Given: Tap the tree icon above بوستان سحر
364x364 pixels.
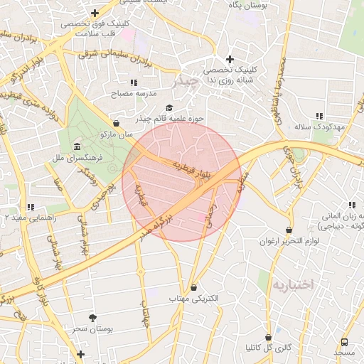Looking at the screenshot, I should coord(92,318).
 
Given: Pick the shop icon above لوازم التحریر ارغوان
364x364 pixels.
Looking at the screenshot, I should coord(289,230).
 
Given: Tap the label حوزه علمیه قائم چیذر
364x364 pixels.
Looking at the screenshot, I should coord(180,118).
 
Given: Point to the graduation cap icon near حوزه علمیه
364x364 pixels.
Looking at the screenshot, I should coord(168,107).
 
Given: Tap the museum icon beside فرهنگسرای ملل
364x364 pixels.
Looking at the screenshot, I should coord(77,147).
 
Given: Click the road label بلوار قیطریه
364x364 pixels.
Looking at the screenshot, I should coord(192,168).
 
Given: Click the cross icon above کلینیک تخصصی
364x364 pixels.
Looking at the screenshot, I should coord(229,59).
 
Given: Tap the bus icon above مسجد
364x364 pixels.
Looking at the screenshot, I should coord(345,343).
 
